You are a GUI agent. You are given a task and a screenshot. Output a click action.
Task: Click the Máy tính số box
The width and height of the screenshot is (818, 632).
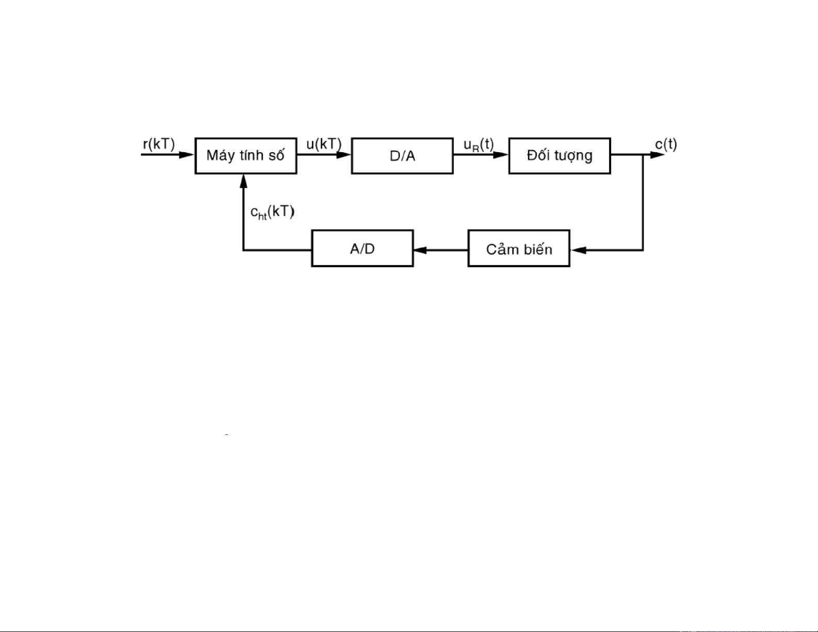point(246,156)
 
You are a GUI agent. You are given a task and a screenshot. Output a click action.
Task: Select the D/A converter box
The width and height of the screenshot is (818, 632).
point(402,156)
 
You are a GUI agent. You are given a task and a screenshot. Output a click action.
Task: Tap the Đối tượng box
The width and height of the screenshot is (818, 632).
point(559,156)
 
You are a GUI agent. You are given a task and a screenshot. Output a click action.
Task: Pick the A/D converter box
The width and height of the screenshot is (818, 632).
point(362,249)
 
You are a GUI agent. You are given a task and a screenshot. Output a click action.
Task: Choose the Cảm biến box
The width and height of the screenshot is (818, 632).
point(519,249)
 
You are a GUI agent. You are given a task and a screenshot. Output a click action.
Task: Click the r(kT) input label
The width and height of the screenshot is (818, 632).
point(159,144)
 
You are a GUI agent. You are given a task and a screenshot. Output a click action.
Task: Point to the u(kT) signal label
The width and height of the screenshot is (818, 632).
point(324,144)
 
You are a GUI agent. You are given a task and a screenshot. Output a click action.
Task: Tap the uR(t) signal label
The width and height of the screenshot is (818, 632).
point(478,145)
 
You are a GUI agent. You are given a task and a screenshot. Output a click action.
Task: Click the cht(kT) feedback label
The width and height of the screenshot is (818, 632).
point(272,212)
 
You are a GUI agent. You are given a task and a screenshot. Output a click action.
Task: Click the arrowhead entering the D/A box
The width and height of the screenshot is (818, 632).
point(344,155)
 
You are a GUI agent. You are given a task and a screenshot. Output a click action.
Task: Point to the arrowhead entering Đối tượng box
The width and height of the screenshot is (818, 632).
point(501,155)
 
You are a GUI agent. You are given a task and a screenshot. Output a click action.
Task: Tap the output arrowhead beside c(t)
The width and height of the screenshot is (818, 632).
point(657,155)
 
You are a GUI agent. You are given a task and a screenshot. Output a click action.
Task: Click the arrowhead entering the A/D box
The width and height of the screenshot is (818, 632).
point(421,250)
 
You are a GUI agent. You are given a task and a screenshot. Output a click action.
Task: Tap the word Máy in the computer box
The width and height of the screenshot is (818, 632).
point(218,156)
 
